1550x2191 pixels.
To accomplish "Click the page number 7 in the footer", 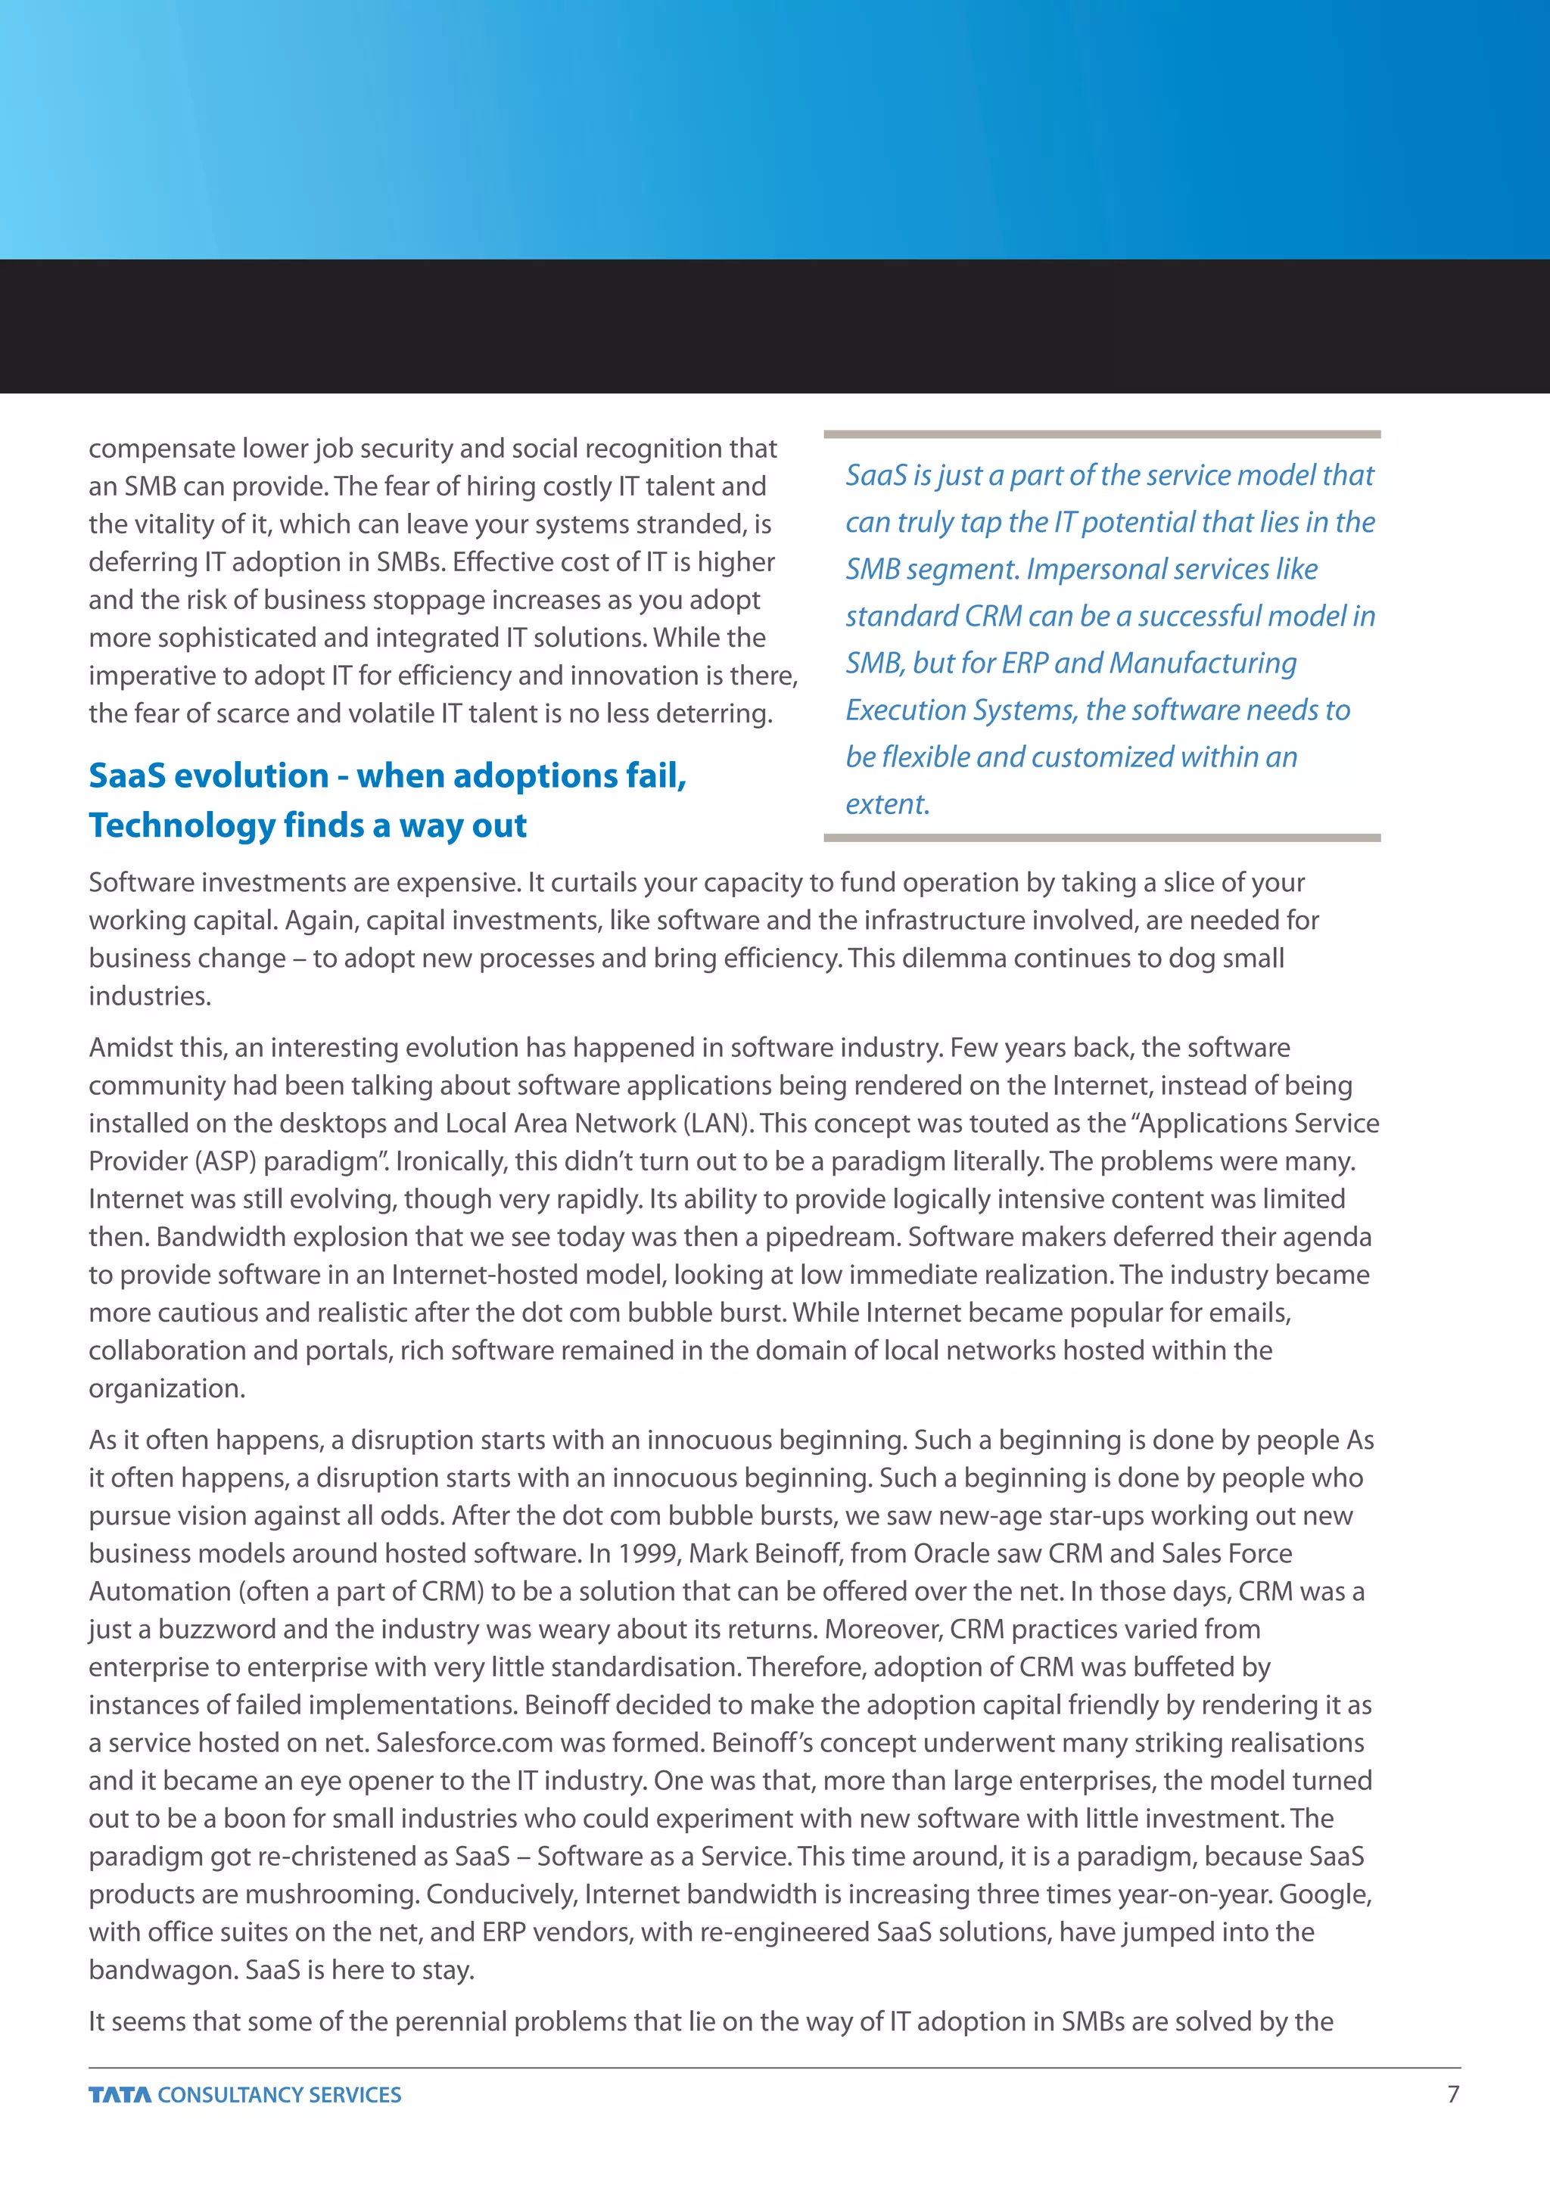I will click(x=1452, y=2093).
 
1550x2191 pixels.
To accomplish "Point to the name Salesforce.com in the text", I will click(x=464, y=1742).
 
